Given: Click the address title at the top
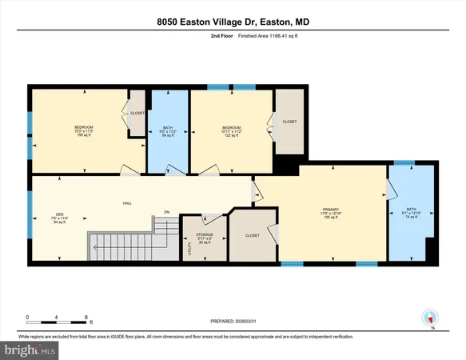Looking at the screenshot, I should tap(233, 24).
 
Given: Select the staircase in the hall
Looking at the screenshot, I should tap(121, 243).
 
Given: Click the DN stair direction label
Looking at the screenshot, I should tap(167, 211).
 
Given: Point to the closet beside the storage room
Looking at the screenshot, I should tap(253, 237).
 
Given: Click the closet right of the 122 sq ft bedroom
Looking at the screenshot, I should tap(289, 122).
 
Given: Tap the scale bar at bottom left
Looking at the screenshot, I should tap(58, 318).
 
